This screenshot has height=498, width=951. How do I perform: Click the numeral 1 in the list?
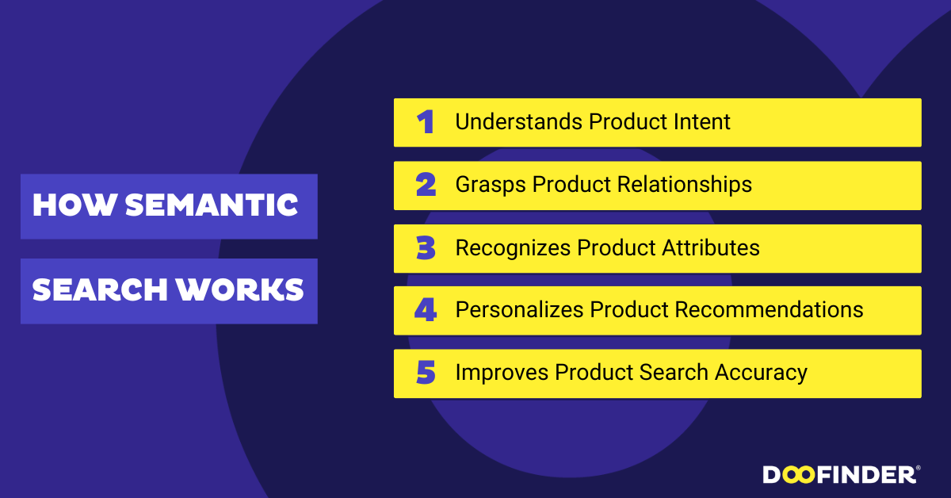click(x=426, y=122)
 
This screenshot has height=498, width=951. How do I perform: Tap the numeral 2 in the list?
click(x=426, y=185)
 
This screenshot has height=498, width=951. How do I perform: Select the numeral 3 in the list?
click(x=426, y=247)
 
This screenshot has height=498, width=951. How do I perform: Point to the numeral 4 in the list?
click(x=426, y=310)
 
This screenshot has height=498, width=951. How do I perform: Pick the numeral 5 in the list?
click(x=426, y=372)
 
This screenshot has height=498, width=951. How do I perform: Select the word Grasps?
click(x=491, y=186)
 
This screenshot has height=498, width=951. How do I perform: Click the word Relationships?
click(x=685, y=186)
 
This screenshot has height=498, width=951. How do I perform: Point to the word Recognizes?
click(x=513, y=248)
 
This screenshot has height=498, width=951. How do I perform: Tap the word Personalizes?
click(x=519, y=309)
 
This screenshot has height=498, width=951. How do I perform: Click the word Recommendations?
click(x=769, y=309)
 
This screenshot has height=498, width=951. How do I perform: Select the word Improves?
click(x=502, y=373)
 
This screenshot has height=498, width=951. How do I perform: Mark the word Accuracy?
click(x=762, y=373)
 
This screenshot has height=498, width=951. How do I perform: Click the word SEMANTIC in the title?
click(x=212, y=205)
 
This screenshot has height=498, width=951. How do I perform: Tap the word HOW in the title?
click(x=74, y=205)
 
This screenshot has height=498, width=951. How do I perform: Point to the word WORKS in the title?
click(x=240, y=289)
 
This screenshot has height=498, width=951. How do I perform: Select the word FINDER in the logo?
click(x=866, y=475)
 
